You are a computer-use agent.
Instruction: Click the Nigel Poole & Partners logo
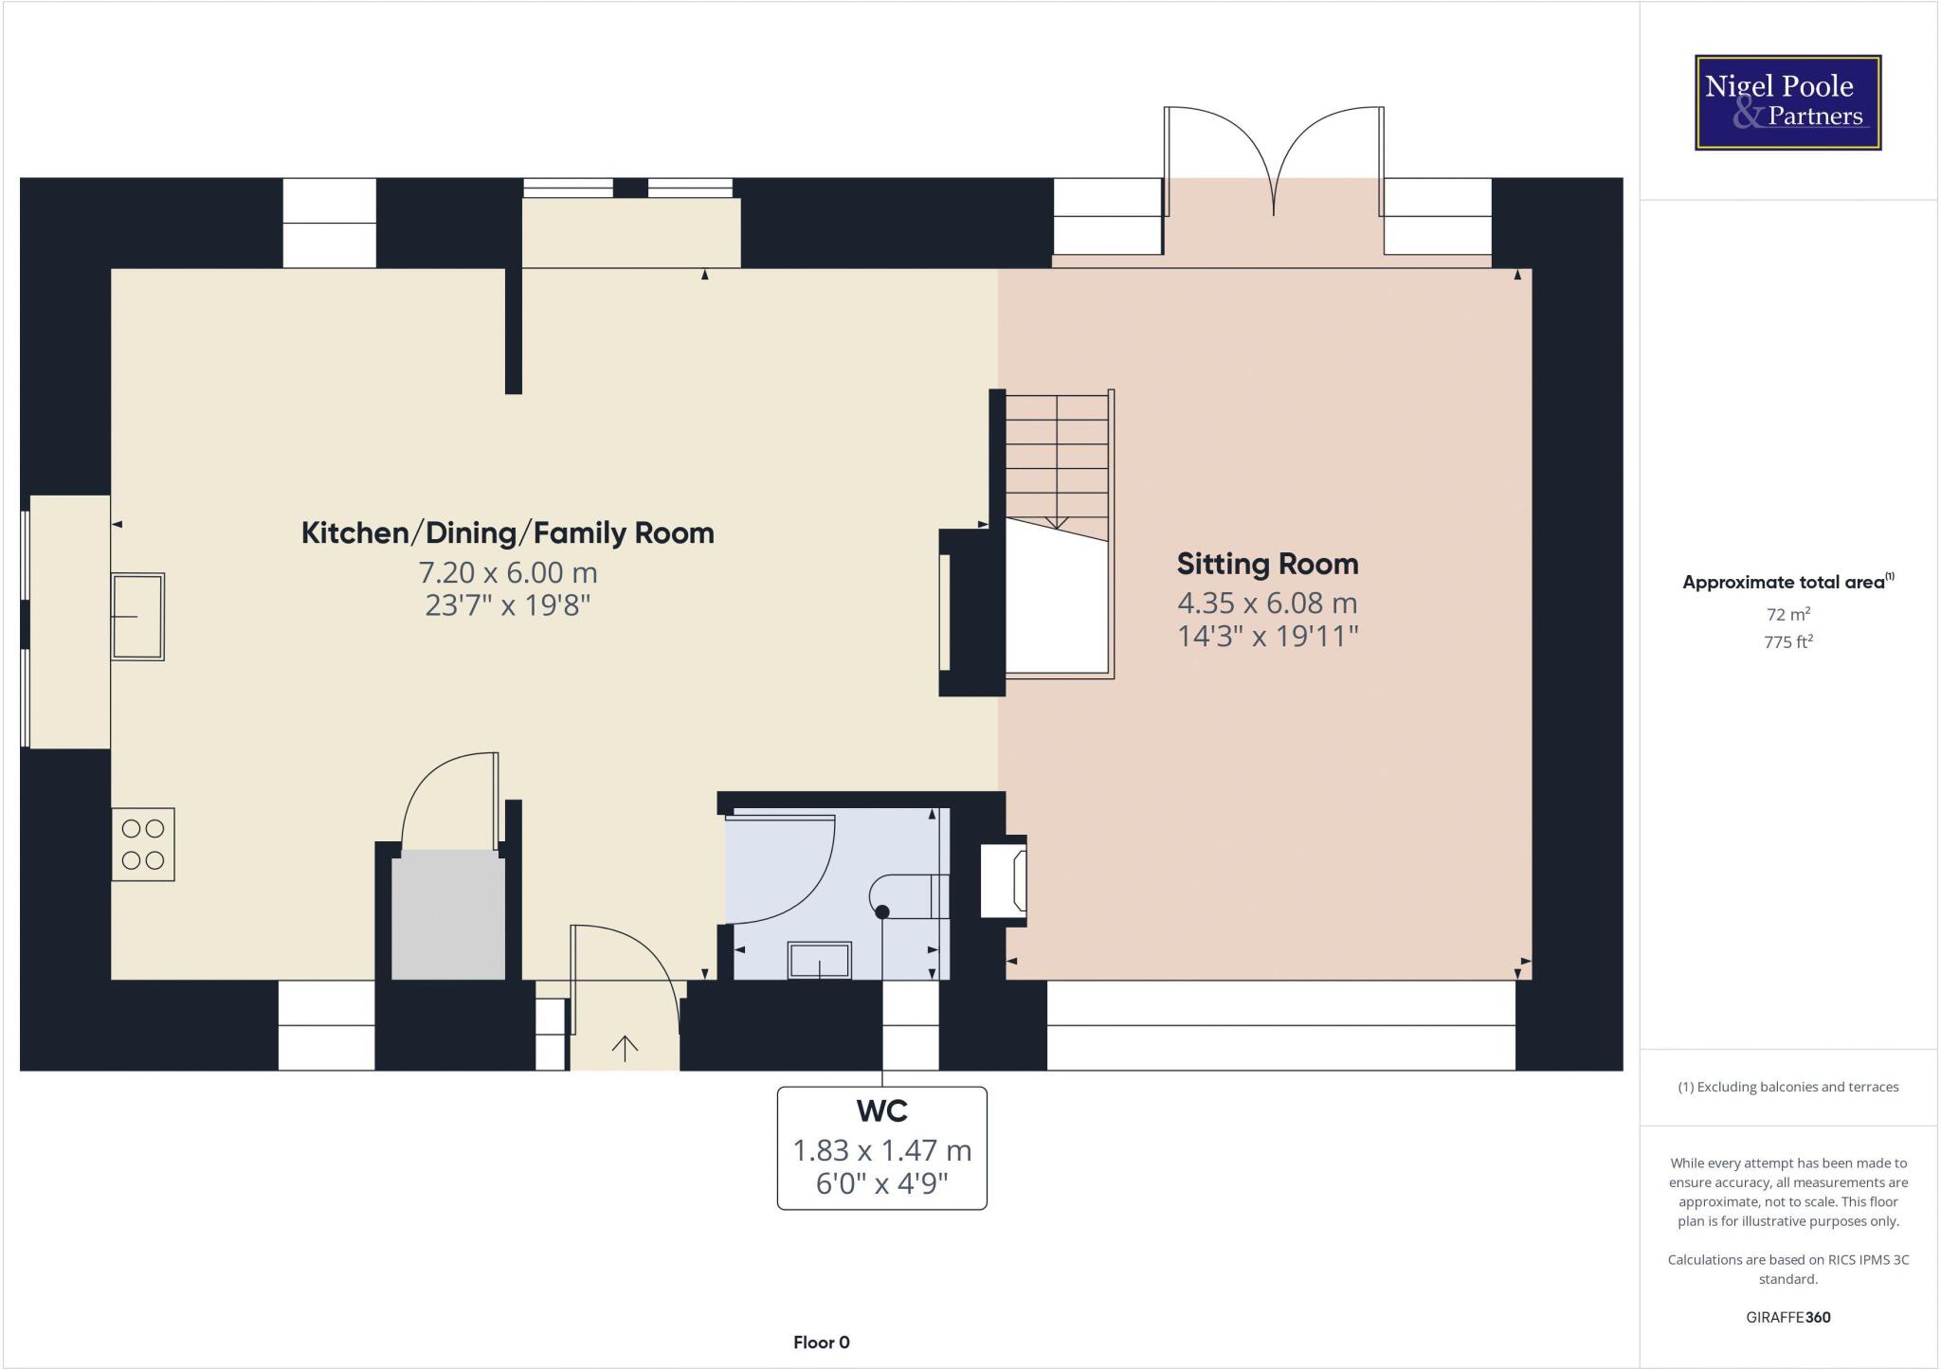click(x=1787, y=102)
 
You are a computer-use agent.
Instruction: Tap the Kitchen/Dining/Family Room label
click(x=507, y=533)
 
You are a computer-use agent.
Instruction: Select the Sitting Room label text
click(x=1267, y=565)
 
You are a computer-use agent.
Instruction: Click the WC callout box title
click(x=881, y=1109)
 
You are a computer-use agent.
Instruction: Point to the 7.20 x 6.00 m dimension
click(x=508, y=573)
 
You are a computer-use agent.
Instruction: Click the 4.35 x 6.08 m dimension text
click(x=1267, y=604)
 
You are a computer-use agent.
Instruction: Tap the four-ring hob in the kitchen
click(x=143, y=844)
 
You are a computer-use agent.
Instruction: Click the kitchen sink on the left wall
click(x=138, y=616)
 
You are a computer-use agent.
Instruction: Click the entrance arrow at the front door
click(x=625, y=1047)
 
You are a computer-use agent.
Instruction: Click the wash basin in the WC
click(x=820, y=960)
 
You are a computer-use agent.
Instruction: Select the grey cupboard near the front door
click(x=448, y=914)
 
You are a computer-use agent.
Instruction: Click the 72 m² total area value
click(x=1788, y=614)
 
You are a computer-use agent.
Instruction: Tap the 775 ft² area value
click(x=1788, y=641)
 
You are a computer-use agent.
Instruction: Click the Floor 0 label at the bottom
click(x=821, y=1343)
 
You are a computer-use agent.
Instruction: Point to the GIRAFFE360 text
click(x=1787, y=1317)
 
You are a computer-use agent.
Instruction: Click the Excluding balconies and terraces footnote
click(x=1787, y=1087)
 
